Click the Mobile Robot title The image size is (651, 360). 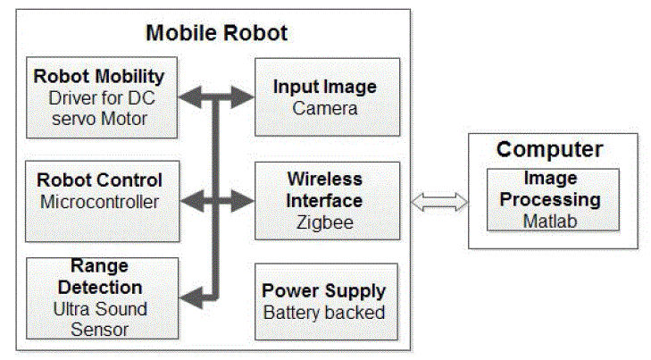tap(216, 35)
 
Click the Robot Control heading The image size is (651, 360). tap(99, 180)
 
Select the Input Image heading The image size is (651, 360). tap(324, 88)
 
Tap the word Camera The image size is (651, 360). tap(324, 109)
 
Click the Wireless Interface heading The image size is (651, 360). tap(324, 189)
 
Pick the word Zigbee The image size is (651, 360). tap(324, 222)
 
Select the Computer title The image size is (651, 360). tap(549, 149)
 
